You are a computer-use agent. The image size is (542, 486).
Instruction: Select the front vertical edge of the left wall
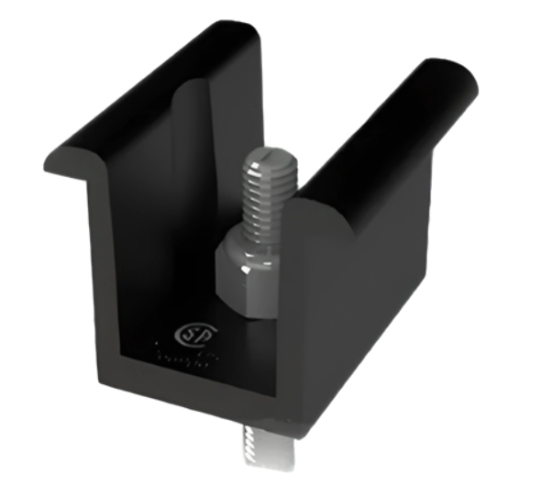(x=96, y=275)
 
